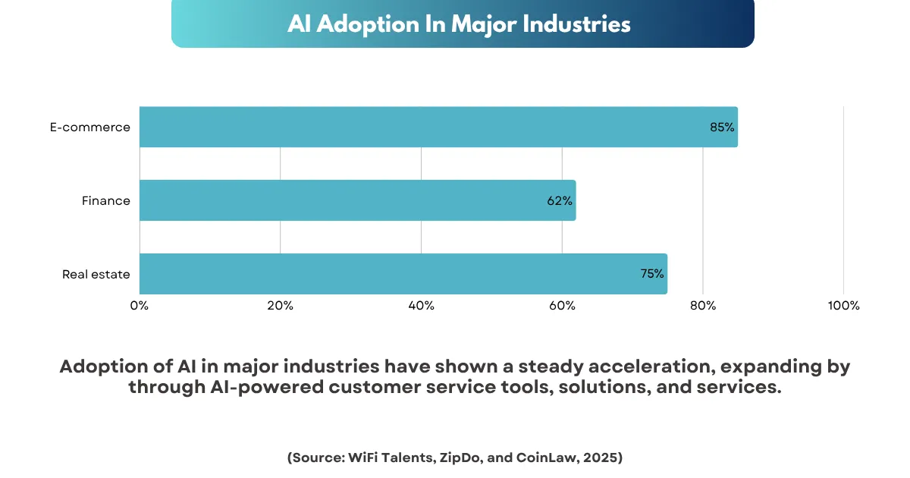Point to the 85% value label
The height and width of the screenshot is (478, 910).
pos(722,127)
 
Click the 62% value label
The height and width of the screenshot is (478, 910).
pos(560,201)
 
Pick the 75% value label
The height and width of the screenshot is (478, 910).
pos(652,274)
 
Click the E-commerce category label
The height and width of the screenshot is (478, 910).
pos(90,127)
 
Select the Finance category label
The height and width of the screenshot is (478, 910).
pos(106,201)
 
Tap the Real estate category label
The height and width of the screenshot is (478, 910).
pos(96,274)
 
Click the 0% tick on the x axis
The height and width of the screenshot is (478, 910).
pos(140,306)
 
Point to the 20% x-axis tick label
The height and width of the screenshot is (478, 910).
pos(281,306)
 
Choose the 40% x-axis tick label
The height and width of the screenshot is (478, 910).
pos(421,306)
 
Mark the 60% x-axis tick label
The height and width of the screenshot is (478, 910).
pos(562,306)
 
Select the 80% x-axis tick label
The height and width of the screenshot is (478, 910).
pos(703,306)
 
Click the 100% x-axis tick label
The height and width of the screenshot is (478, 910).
pos(843,306)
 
